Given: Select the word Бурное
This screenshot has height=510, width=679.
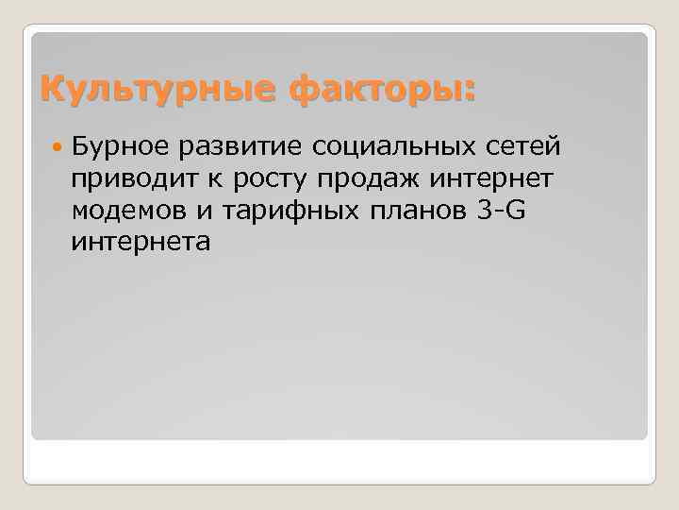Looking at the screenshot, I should [117, 146].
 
